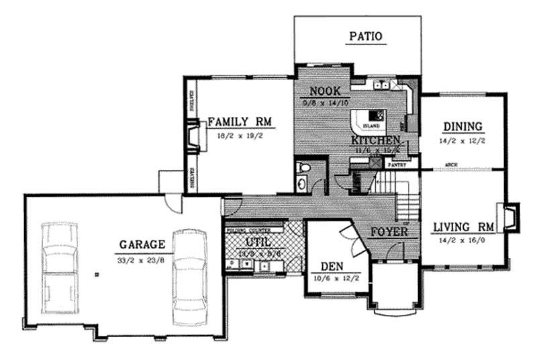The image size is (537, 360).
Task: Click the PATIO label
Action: point(367,37)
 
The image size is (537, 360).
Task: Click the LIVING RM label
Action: point(463,226)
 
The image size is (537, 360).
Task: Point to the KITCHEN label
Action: point(376,140)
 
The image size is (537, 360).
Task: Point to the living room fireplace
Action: point(507,218)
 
